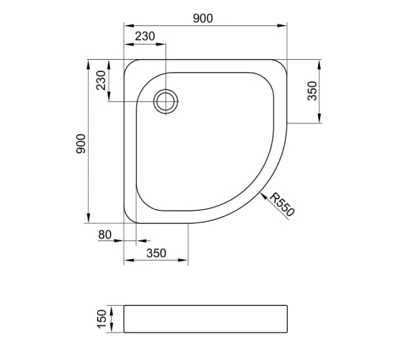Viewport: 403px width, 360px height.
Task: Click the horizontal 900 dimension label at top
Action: (x=203, y=19)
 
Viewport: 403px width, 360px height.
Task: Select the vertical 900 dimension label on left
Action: (x=81, y=144)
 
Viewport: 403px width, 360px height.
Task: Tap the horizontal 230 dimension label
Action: (x=145, y=37)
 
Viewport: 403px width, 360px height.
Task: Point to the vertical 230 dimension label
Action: (x=101, y=80)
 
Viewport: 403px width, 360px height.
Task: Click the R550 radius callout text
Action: (x=282, y=204)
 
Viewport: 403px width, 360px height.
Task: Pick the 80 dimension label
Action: (x=104, y=235)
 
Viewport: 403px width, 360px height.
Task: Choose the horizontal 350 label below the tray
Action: (x=156, y=253)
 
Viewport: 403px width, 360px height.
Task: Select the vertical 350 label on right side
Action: (x=312, y=91)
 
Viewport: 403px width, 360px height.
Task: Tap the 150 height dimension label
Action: (x=101, y=319)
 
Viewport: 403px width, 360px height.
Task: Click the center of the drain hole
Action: (x=166, y=102)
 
